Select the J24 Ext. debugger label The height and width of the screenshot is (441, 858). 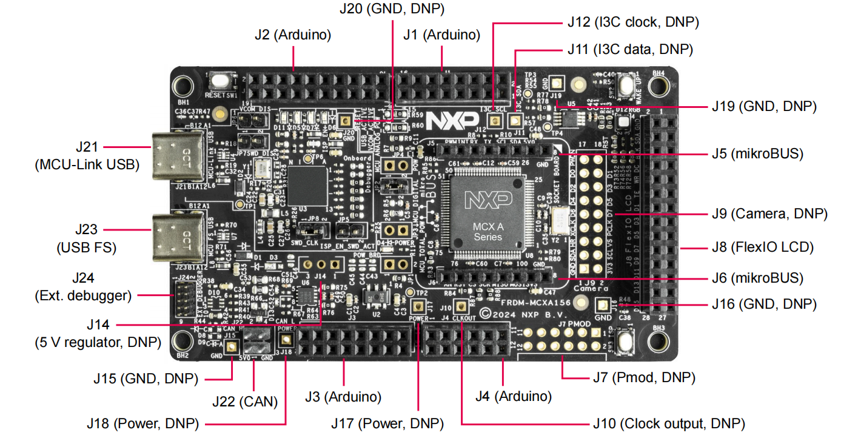pos(83,288)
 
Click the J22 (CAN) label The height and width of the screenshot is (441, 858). pos(245,401)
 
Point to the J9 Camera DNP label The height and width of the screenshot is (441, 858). pos(769,214)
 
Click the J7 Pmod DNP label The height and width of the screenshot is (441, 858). pos(643,377)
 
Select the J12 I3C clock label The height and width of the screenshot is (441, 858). pos(633,22)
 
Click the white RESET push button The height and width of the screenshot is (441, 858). pos(217,81)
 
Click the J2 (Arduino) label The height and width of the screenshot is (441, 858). pos(293,35)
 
